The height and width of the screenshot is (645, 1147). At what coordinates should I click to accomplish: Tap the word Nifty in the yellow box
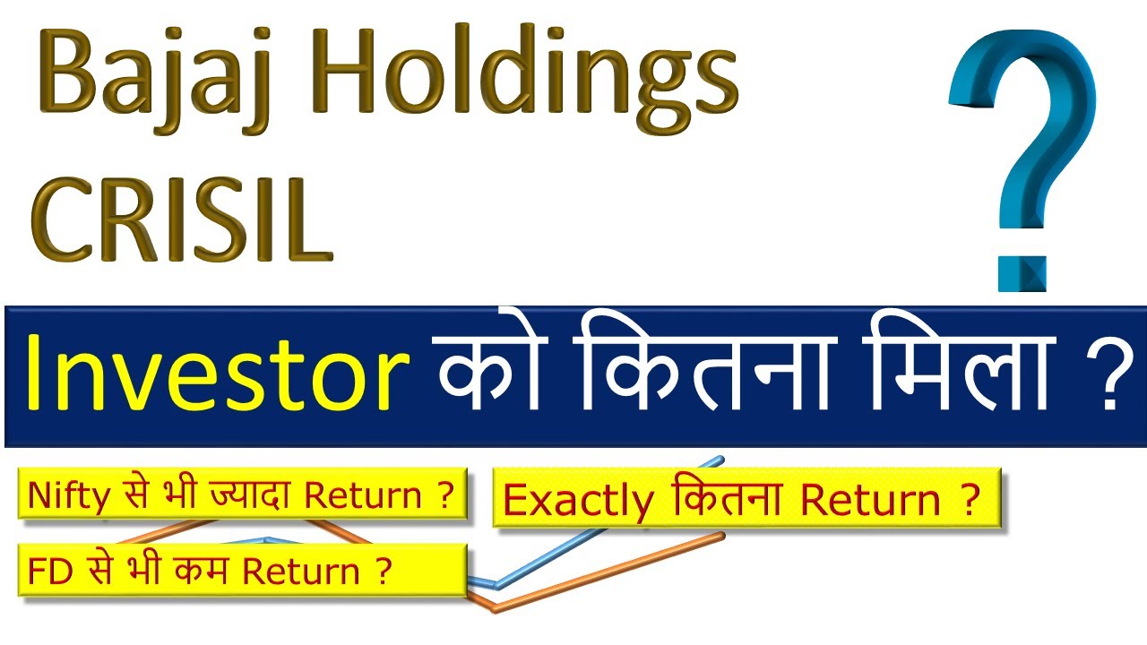pos(62,496)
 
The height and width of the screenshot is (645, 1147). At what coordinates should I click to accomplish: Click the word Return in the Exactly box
pos(862,501)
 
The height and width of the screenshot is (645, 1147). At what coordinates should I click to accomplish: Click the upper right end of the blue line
pos(722,459)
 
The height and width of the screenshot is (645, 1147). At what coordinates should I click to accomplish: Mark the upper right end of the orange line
pos(721,536)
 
